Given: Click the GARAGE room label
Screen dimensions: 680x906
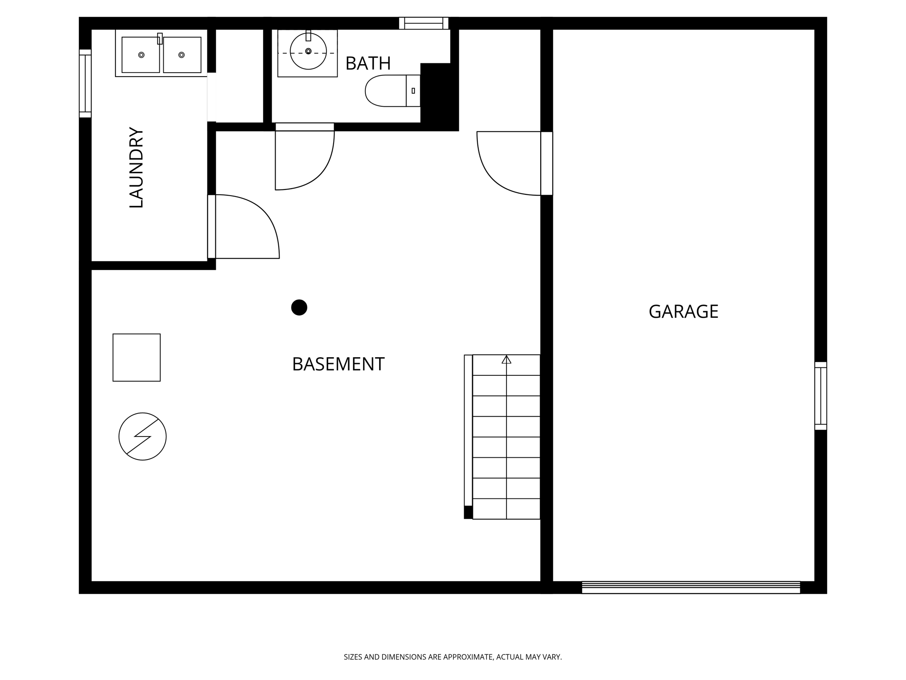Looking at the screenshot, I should tap(683, 312).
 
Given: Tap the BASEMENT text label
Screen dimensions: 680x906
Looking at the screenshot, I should tap(338, 364).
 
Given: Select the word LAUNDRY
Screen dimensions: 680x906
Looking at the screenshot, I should tap(136, 167).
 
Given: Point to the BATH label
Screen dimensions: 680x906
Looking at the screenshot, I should tap(368, 64).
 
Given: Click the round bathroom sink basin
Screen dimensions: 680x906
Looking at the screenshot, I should tap(308, 51).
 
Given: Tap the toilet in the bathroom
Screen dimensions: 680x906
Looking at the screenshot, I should tap(389, 91).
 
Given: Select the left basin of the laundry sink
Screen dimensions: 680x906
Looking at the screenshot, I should tap(141, 55).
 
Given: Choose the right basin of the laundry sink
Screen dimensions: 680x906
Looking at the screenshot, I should tap(182, 55).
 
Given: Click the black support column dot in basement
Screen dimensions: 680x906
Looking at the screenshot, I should tap(299, 307).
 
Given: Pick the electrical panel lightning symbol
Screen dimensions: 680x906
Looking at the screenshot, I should tap(142, 437).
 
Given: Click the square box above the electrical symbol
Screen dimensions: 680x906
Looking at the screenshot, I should tap(136, 357).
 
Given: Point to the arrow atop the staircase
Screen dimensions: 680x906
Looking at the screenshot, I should tap(507, 359).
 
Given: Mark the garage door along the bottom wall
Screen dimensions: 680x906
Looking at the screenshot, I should tap(691, 587).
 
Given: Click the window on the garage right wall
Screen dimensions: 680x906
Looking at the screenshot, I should tap(821, 396).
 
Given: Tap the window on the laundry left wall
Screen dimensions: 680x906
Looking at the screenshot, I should tap(85, 84).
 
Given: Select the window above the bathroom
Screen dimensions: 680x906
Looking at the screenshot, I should tap(423, 23).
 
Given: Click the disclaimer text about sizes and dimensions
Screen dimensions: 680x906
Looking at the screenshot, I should tap(453, 657).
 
